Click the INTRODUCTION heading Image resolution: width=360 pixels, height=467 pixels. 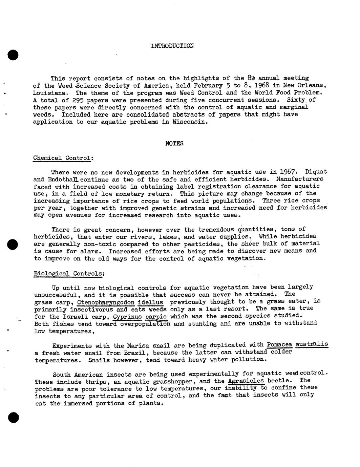click(x=172, y=46)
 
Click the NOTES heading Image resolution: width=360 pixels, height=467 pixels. click(x=174, y=143)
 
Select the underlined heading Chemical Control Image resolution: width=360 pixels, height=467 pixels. click(x=63, y=158)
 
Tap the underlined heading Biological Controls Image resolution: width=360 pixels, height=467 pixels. click(x=69, y=273)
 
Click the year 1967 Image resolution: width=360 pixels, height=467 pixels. click(x=288, y=172)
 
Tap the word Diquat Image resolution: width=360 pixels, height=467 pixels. click(x=316, y=172)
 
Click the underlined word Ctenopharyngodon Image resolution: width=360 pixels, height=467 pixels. click(x=106, y=302)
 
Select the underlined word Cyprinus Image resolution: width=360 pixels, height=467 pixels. click(x=127, y=317)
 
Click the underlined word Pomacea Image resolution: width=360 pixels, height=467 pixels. click(x=279, y=345)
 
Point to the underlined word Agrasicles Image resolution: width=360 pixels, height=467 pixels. click(x=246, y=381)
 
